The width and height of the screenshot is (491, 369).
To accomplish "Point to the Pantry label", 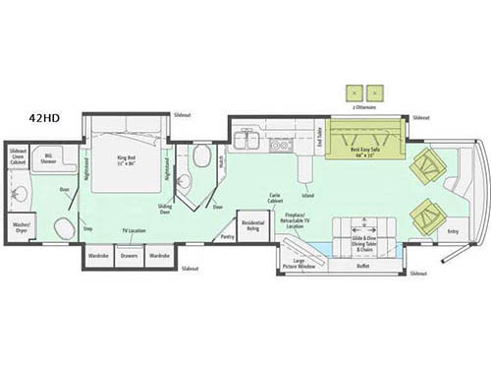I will tap(228, 236).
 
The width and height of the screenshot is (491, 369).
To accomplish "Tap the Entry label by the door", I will tap(453, 231).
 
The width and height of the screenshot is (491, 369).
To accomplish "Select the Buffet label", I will tap(363, 265).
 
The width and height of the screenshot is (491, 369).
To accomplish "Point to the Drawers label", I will tap(130, 256).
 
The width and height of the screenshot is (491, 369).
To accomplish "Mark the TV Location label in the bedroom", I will tap(134, 230).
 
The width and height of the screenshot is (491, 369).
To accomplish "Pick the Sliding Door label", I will tap(166, 209).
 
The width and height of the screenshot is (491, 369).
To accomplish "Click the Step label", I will tap(87, 228).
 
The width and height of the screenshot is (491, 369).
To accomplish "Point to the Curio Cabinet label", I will tap(275, 198).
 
